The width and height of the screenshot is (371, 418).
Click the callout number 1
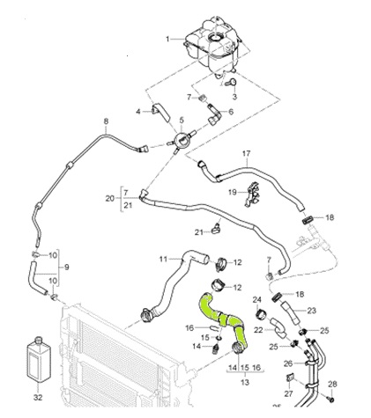pyautogui.click(x=167, y=39)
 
